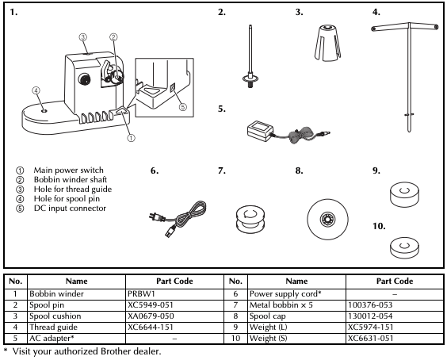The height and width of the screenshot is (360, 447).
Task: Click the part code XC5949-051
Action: pos(151,305)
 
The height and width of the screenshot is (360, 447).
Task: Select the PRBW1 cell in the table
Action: pos(174,294)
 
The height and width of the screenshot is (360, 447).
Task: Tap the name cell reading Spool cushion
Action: pos(76,316)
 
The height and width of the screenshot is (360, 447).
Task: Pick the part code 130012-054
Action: pos(370,316)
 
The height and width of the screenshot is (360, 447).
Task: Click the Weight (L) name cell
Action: pos(296,327)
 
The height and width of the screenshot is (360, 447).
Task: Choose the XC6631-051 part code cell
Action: pos(395,339)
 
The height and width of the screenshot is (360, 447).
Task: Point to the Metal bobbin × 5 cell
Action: pos(296,305)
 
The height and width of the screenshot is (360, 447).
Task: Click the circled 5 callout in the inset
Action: pos(183,107)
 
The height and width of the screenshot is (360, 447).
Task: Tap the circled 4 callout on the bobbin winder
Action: pos(36,90)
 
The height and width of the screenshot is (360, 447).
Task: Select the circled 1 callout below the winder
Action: pos(131,138)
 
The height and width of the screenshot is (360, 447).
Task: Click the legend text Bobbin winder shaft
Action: pos(70,180)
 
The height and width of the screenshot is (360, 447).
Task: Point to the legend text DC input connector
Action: pos(70,209)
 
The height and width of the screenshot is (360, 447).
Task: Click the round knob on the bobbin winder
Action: pos(84,79)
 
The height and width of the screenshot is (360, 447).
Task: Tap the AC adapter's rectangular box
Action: pos(259,131)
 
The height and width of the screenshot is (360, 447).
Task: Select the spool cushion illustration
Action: pos(327,43)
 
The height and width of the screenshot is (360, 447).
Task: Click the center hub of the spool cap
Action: pos(327,219)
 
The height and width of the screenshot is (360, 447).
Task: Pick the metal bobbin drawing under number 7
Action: pos(250,219)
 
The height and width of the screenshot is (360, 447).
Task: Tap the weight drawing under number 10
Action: pos(405,248)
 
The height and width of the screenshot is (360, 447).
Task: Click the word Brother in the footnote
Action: pos(113,351)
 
